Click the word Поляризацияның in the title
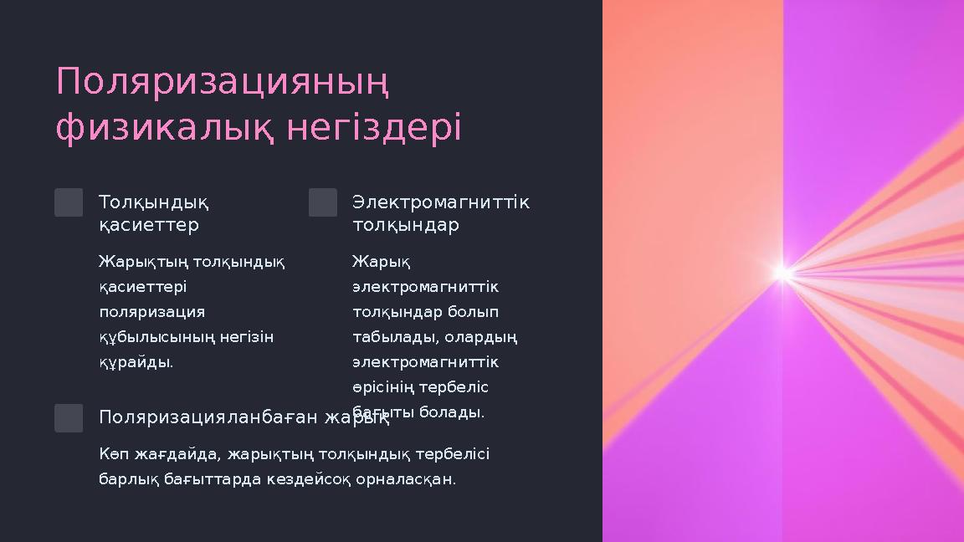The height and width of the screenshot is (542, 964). click(223, 83)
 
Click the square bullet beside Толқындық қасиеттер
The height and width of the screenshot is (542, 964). click(69, 202)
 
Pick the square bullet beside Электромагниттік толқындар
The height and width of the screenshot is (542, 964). click(323, 202)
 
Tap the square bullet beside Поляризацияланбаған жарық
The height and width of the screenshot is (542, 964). click(69, 418)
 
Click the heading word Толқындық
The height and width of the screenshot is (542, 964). click(154, 203)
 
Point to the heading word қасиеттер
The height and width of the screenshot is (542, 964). click(149, 226)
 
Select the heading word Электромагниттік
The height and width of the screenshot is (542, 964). click(441, 203)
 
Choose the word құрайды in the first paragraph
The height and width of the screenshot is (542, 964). click(135, 362)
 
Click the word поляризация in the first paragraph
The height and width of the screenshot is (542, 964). click(151, 312)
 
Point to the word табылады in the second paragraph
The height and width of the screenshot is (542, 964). click(390, 337)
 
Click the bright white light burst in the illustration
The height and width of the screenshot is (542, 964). click(783, 272)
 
